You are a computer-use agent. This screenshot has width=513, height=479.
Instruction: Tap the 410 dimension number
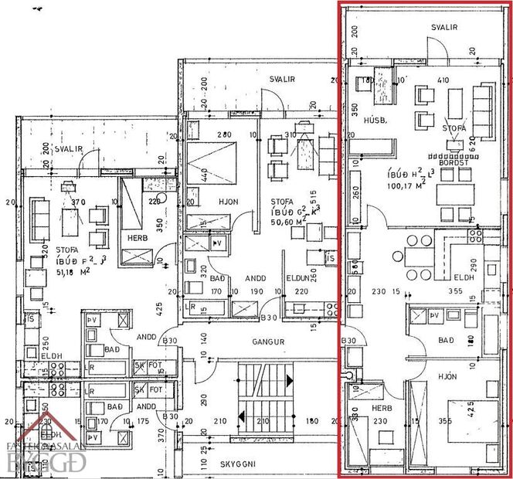tap(443, 80)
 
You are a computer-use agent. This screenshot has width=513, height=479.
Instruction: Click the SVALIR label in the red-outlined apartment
tap(444, 26)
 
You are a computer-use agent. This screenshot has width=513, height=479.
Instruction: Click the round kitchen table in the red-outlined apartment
tap(399, 256)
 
